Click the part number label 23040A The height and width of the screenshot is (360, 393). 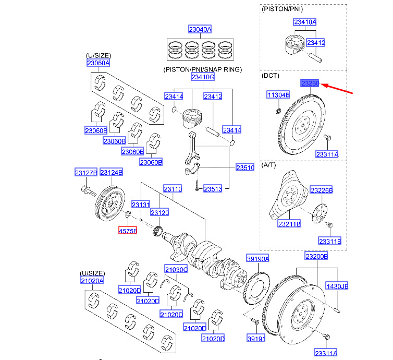pos(200,30)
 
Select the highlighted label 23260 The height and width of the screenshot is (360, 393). pos(310,83)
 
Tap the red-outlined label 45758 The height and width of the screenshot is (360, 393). pos(128,230)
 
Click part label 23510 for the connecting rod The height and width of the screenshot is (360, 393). pos(245,167)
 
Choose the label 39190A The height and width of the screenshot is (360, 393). pos(258,259)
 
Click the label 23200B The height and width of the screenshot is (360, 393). pos(316,256)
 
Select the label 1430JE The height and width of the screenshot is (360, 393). pos(337,286)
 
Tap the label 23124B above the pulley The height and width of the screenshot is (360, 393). pos(111,172)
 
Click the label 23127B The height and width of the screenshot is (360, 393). pos(85,172)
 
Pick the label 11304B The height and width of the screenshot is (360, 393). pos(278,95)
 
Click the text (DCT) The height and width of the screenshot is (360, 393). pos(271,76)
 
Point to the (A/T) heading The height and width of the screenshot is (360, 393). pos(270,164)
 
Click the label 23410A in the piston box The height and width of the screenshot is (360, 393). pos(305,22)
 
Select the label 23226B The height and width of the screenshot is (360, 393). pos(322,190)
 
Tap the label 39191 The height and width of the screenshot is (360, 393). pos(256,338)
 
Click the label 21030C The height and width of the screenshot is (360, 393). pos(176,269)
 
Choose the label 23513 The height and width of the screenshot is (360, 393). pos(213,188)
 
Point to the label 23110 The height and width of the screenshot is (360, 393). pos(173,189)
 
